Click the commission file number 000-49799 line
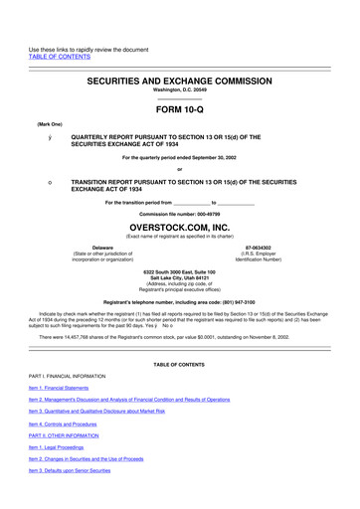[x=179, y=213]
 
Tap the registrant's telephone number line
[x=179, y=300]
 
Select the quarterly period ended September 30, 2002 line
[x=179, y=157]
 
